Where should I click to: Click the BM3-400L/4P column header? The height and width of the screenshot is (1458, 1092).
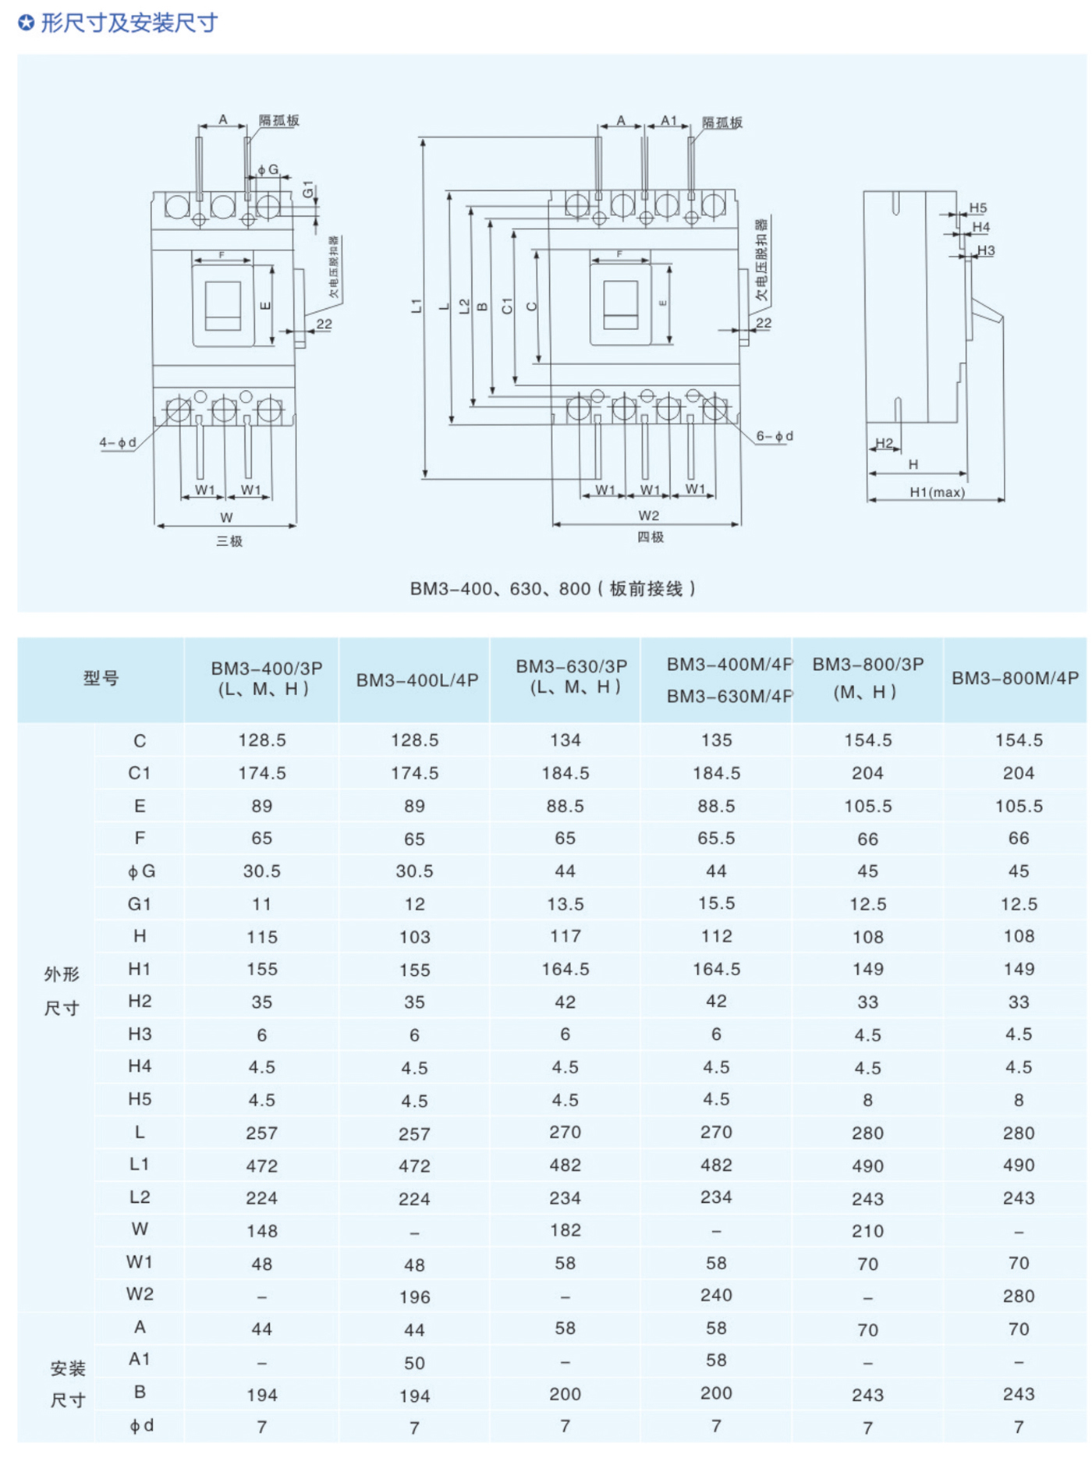click(417, 680)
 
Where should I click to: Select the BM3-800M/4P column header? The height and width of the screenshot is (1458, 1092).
click(1015, 679)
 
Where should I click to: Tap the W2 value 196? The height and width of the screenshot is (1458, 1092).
click(414, 1297)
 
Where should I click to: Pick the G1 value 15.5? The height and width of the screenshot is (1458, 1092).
click(716, 903)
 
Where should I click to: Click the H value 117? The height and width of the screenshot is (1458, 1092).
click(565, 936)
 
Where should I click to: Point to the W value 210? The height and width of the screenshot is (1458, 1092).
click(867, 1231)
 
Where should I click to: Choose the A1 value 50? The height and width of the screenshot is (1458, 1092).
click(414, 1363)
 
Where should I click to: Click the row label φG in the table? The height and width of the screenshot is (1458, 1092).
click(141, 871)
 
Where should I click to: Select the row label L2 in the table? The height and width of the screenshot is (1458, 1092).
click(140, 1197)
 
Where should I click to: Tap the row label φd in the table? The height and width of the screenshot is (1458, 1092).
click(141, 1426)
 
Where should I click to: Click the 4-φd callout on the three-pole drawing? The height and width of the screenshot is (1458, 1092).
click(117, 443)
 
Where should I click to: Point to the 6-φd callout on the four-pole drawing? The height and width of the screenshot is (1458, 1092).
click(775, 436)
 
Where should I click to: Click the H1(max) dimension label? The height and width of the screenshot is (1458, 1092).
click(937, 492)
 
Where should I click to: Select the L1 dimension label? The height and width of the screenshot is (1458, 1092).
click(417, 306)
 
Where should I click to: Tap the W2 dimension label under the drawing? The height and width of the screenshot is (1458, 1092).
click(648, 516)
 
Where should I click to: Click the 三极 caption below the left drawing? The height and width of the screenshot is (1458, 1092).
click(229, 541)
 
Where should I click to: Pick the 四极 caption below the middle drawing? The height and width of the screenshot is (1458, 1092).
click(651, 537)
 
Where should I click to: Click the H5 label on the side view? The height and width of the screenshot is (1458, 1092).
click(978, 208)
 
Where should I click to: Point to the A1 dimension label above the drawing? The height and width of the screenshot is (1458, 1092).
click(669, 120)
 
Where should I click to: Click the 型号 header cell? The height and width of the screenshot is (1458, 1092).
click(101, 678)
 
